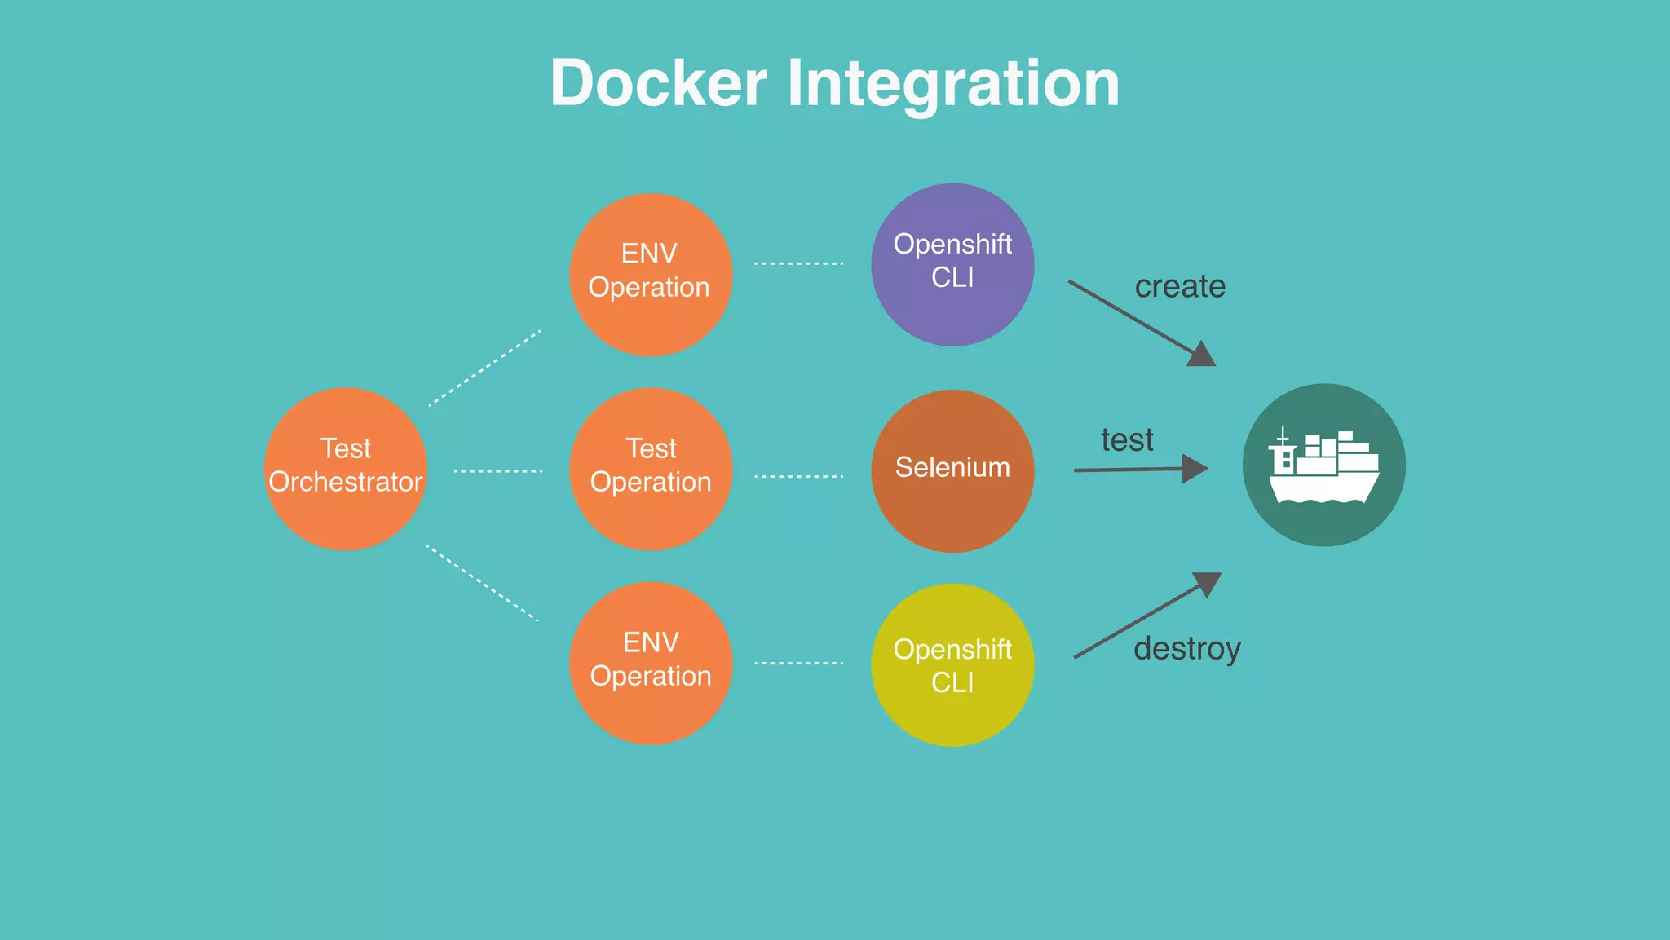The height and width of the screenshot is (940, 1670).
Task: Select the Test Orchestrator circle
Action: [346, 469]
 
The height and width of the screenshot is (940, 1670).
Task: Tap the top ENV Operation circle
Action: [650, 274]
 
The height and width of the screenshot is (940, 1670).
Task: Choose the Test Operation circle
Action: [650, 469]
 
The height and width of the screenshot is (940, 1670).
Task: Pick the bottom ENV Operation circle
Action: [650, 662]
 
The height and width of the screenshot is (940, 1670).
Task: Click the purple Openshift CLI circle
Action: [952, 264]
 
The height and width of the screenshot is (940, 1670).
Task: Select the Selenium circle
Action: [952, 470]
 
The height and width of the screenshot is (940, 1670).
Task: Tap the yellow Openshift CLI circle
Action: [952, 664]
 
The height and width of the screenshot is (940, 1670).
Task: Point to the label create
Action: [1180, 287]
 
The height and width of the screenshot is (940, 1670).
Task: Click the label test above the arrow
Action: [1127, 440]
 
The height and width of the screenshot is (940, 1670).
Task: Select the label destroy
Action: [1186, 649]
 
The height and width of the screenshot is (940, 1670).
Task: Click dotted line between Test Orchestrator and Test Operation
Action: [497, 471]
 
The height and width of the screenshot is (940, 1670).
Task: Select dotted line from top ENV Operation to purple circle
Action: [798, 263]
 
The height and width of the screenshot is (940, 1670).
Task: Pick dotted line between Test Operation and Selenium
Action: [798, 476]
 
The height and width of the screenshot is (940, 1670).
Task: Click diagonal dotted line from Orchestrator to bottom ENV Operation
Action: [483, 584]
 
